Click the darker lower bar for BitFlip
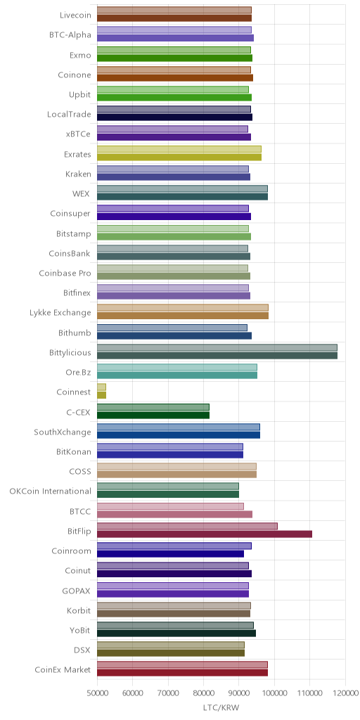(205, 534)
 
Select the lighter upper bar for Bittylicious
(217, 347)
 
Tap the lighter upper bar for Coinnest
(101, 387)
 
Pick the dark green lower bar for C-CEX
(153, 415)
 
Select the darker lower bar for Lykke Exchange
(183, 316)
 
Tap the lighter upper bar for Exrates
(179, 149)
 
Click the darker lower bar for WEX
(182, 197)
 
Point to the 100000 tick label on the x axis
(274, 693)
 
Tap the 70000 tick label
(168, 693)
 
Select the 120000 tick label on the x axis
(345, 693)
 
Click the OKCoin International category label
(50, 491)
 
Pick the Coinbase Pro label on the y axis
(65, 274)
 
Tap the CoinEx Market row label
(63, 669)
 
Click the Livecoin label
(75, 15)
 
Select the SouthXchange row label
(63, 432)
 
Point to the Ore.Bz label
(79, 372)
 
